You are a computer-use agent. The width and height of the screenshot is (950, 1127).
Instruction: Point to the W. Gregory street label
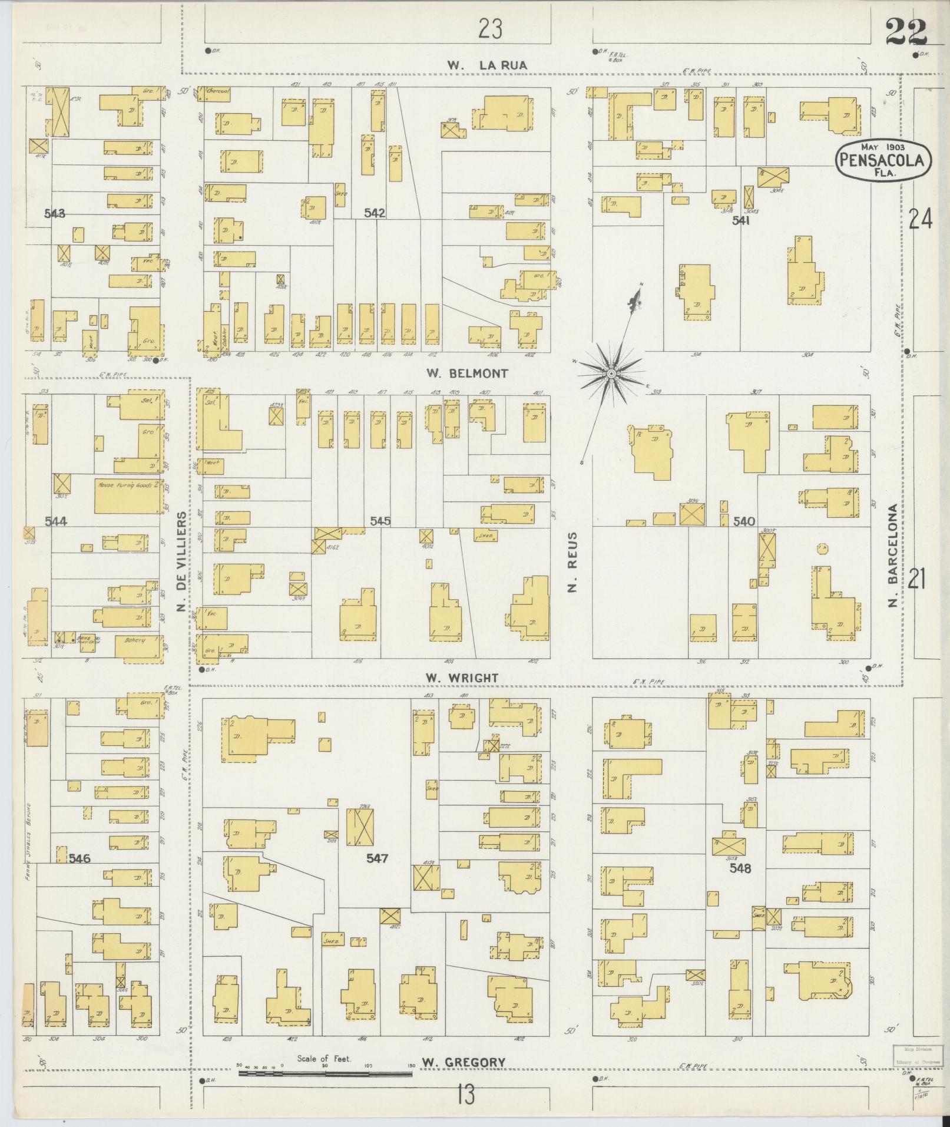(465, 1063)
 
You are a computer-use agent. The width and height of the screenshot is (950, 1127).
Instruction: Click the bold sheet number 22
(905, 31)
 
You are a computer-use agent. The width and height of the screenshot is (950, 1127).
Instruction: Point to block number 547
(377, 858)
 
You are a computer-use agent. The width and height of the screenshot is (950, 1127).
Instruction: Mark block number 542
(375, 213)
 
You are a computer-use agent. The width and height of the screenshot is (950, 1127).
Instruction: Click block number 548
(740, 868)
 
